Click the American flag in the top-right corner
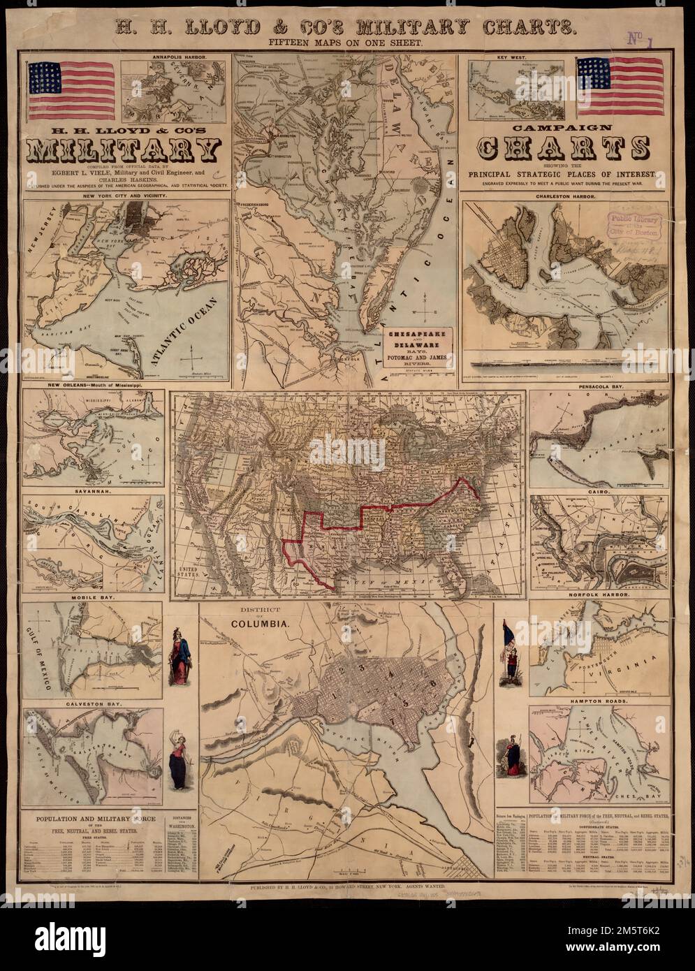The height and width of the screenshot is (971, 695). point(619,87)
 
